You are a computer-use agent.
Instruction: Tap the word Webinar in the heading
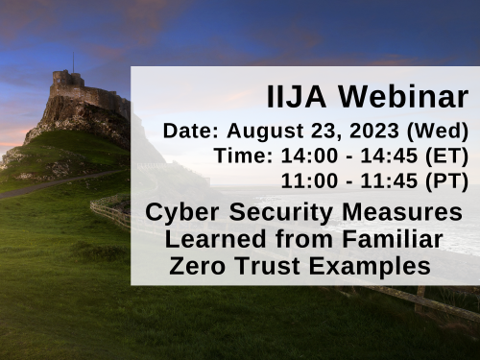tap(403, 96)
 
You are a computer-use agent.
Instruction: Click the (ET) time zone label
tap(446, 156)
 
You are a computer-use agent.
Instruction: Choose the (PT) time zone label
tap(446, 180)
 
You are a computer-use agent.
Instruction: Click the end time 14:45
tap(390, 156)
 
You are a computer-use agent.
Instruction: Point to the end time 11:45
tap(390, 180)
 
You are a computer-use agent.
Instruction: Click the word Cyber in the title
tap(180, 211)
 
